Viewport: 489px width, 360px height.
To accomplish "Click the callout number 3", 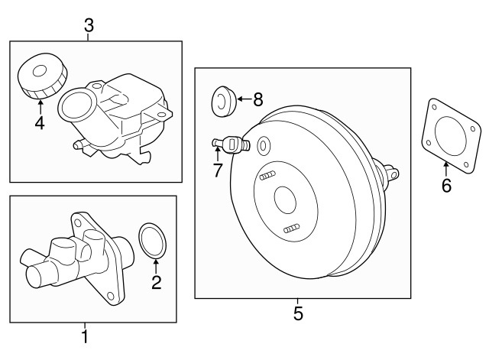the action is tap(89, 25).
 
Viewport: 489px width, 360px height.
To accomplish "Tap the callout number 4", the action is tap(40, 123).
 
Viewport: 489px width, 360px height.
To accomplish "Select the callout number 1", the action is tap(85, 336).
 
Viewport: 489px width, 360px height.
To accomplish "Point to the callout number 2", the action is tap(156, 282).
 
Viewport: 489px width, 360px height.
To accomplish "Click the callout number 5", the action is tap(298, 313).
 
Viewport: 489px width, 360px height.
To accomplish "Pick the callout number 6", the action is tap(446, 185).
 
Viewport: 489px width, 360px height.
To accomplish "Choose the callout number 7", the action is tap(218, 170).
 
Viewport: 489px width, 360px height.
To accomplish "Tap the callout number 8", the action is tap(258, 100).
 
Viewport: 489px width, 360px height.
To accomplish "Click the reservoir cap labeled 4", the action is tap(43, 76).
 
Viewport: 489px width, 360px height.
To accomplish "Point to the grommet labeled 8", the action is tap(223, 102).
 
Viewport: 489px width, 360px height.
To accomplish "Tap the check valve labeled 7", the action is tap(231, 144).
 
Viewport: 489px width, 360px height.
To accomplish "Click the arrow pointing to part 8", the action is tap(244, 99).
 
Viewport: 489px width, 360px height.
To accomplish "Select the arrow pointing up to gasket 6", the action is tap(446, 169).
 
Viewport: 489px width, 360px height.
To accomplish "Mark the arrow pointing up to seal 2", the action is tap(156, 266).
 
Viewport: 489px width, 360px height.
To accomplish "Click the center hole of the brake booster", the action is tap(285, 200).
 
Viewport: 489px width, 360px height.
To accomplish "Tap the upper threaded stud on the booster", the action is tap(267, 176).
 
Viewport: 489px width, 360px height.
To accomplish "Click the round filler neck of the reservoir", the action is tap(76, 105).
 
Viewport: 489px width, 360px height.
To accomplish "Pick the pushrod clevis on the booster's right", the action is tap(391, 173).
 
